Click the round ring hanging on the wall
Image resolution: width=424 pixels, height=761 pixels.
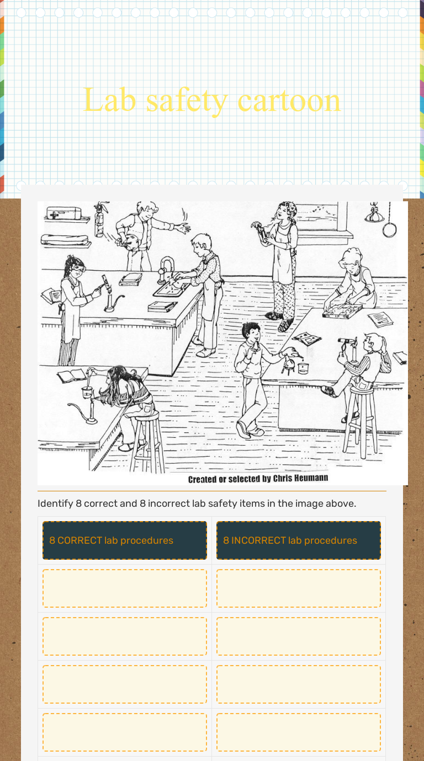coord(390,228)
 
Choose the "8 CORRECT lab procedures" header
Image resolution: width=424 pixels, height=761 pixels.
coord(125,540)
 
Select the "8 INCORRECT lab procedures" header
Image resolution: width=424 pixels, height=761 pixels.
coord(299,540)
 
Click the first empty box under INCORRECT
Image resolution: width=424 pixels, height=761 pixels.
coord(299,588)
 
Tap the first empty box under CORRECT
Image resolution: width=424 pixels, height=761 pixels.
coord(125,588)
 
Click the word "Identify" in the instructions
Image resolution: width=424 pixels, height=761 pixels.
coord(53,503)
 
